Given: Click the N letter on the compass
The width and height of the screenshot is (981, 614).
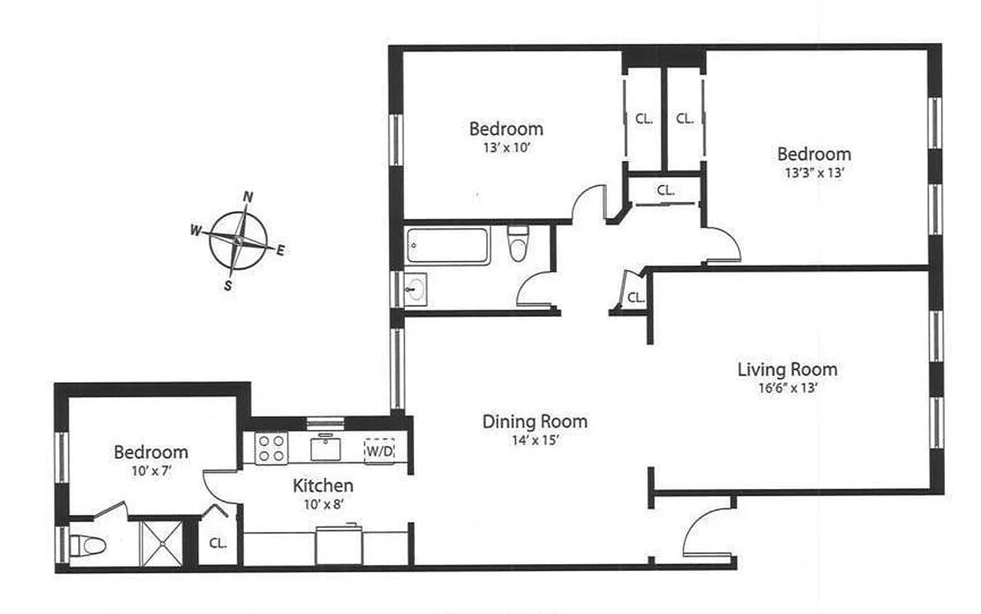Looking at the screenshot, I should pos(248,196).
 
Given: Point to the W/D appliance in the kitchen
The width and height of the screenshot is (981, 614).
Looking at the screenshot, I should pos(379,451).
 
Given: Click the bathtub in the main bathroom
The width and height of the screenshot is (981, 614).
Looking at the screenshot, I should pos(447,246).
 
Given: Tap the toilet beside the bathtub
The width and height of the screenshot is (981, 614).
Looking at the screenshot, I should pos(518,243).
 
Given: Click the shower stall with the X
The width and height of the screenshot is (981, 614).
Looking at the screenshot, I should pos(161,543).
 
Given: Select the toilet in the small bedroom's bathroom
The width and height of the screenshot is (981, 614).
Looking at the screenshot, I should pos(87,546).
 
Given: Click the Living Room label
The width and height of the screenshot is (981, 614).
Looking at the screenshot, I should pos(787,370).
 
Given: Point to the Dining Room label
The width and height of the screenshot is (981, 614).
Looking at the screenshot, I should pos(535,421).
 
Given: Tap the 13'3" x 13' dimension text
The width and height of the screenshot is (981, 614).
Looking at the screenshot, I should pos(813,173).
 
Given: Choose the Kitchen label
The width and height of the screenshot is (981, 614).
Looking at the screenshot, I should pos(323,486).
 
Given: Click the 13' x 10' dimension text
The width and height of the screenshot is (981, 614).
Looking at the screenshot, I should pos(506,147).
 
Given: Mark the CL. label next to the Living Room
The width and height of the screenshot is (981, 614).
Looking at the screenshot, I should pos(636,297).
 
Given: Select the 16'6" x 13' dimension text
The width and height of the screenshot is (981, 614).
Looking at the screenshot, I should pos(787,388).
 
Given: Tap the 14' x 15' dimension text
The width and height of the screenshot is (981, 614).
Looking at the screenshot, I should pos(535,441).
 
